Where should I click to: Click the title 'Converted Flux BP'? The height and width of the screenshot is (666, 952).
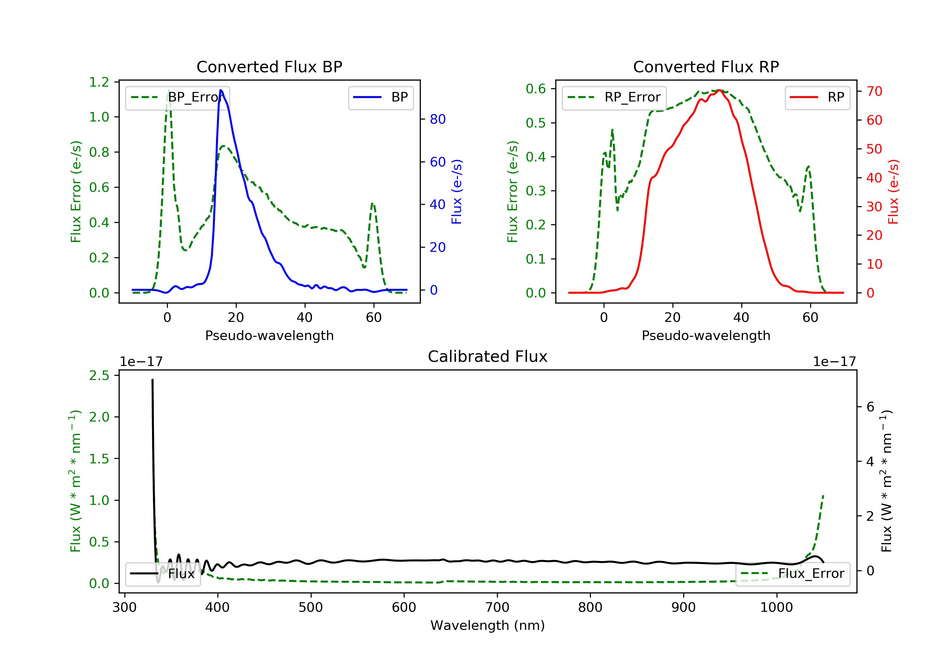tap(269, 67)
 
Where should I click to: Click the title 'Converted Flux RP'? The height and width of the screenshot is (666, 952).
tap(706, 67)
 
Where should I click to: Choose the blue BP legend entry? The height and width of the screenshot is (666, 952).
tap(380, 97)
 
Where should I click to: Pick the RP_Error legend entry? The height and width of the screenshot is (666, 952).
tap(614, 97)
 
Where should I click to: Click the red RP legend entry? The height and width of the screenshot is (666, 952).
tap(817, 97)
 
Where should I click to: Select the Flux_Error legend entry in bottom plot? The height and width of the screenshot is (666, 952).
tap(792, 574)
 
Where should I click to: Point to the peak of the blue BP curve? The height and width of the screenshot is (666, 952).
tap(221, 90)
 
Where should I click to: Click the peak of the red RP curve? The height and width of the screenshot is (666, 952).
tap(719, 90)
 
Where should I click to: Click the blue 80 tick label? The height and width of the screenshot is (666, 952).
tap(437, 119)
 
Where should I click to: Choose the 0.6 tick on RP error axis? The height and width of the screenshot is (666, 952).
tap(535, 89)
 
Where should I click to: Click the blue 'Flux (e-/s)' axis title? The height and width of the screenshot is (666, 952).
tap(457, 192)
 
